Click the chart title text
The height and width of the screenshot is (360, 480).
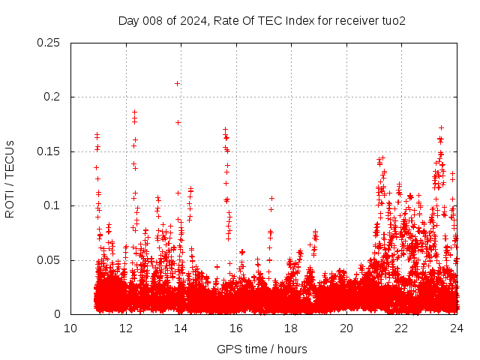[262, 21]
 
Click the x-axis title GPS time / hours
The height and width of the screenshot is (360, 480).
[262, 349]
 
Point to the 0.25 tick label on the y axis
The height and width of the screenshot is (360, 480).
[49, 43]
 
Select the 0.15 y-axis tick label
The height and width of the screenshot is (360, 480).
[49, 151]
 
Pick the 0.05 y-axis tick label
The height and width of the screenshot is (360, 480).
[49, 260]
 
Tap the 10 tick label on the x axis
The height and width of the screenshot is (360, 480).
[70, 328]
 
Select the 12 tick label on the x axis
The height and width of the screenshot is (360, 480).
[126, 328]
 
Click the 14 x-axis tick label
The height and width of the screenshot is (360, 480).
[181, 328]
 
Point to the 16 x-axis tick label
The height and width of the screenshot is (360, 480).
[236, 328]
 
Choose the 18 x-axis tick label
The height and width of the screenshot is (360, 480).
[291, 328]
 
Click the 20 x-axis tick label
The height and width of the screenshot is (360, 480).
[346, 328]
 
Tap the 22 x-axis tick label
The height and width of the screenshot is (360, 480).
[401, 328]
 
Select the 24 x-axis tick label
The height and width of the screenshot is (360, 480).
[456, 328]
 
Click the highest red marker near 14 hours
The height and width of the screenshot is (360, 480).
[177, 83]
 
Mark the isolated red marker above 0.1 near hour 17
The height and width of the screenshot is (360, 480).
[271, 199]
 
